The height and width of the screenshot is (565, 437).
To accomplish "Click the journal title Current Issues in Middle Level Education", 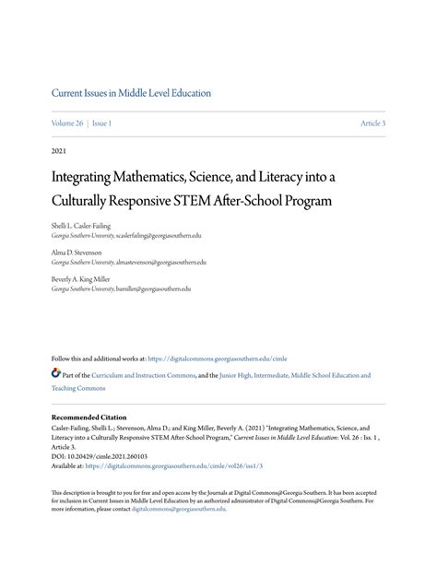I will tap(131, 93).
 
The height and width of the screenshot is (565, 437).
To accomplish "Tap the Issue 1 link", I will tap(101, 124).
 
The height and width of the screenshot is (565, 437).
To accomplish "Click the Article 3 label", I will tap(372, 124).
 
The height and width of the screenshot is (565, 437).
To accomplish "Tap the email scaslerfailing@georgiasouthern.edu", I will tap(166, 236).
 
